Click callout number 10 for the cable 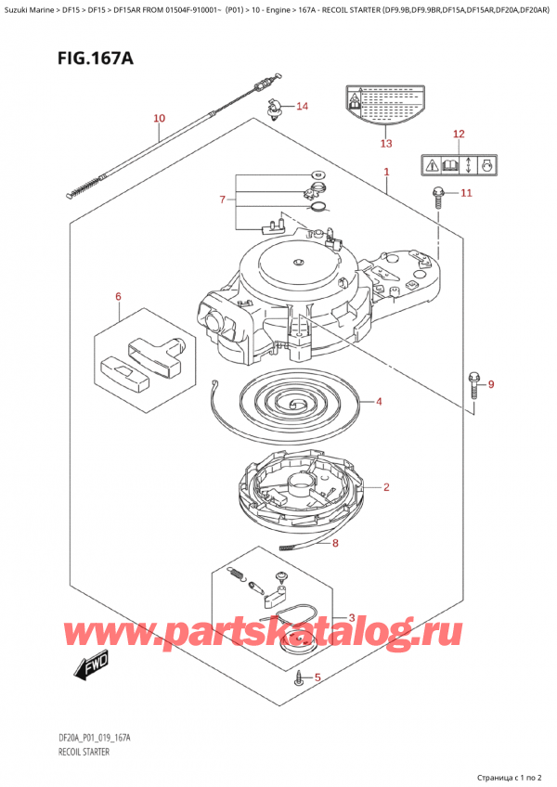(x=159, y=118)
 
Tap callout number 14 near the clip (x=302, y=106)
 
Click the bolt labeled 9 (x=473, y=382)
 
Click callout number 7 (x=222, y=200)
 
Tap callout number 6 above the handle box (x=118, y=297)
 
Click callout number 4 (x=379, y=402)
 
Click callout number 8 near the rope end (x=335, y=544)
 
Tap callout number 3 (x=351, y=617)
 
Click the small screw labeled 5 (x=298, y=680)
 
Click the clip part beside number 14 (x=273, y=108)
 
